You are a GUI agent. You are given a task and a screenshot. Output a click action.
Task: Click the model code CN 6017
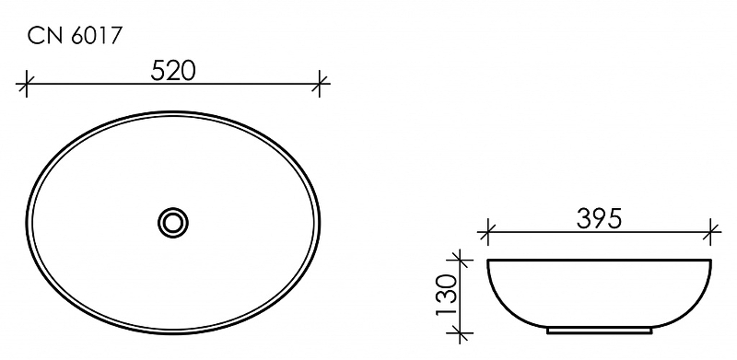click(76, 36)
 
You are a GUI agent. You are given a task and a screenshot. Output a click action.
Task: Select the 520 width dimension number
click(173, 71)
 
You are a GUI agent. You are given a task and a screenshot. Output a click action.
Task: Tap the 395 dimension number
click(600, 218)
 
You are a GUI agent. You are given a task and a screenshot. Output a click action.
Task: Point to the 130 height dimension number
click(447, 296)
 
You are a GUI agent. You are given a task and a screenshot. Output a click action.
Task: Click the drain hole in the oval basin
click(173, 222)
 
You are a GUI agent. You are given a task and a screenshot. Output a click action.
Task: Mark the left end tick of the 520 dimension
click(27, 84)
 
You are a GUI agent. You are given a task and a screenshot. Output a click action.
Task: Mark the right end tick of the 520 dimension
click(320, 84)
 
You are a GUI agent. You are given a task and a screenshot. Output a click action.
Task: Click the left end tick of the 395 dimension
click(487, 232)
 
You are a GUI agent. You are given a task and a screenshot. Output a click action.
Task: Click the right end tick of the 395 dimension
click(711, 232)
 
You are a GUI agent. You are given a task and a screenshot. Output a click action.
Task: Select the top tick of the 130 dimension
click(459, 259)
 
